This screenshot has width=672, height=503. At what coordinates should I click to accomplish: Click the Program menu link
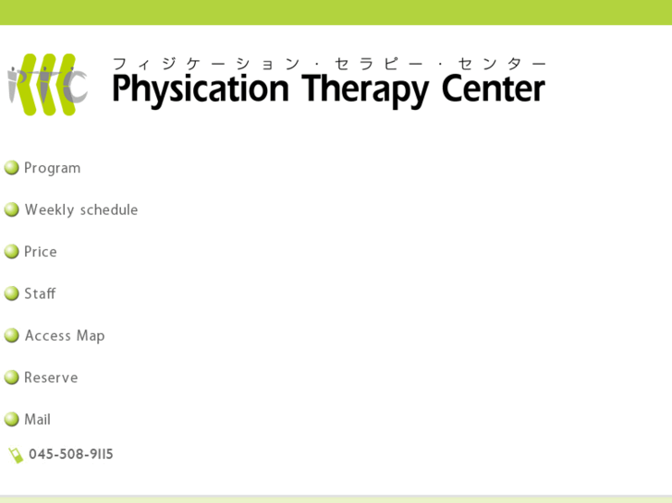52,168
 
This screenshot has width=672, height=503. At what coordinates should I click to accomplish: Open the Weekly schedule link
81,210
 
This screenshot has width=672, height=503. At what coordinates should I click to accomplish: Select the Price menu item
41,252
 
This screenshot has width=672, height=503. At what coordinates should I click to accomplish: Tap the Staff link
40,293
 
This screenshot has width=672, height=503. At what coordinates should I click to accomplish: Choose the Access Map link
65,336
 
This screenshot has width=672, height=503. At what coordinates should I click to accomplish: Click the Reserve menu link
51,377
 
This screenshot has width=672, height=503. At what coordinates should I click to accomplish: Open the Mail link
38,419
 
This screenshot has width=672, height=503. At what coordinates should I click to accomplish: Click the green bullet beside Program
12,168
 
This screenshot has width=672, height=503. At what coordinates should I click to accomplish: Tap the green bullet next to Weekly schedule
12,210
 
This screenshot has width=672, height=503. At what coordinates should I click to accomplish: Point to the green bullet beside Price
12,252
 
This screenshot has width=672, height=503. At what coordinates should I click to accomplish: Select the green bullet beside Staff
12,293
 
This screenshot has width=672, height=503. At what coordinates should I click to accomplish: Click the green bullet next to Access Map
12,336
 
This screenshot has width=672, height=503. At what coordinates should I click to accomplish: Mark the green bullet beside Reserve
12,377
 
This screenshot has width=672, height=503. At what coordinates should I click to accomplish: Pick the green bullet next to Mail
12,419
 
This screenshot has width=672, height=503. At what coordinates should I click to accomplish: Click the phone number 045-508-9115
71,454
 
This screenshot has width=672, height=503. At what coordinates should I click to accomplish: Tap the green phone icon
16,455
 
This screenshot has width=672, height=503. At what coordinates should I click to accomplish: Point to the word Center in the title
493,90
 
